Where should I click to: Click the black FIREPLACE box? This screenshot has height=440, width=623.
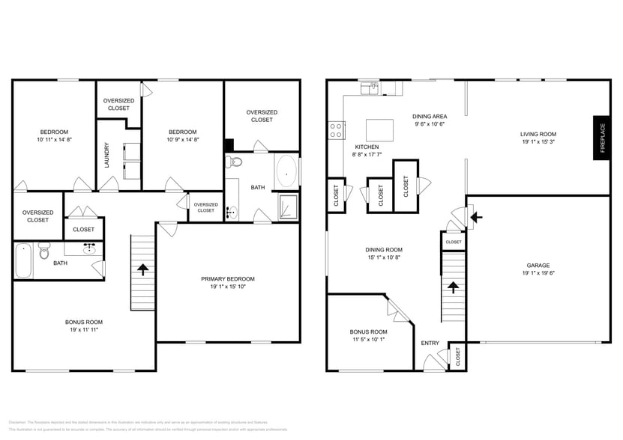point(601,138)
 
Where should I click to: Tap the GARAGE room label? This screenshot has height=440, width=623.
point(538,264)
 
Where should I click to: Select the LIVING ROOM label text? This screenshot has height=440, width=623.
point(538,134)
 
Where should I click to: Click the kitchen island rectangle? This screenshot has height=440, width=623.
point(380,128)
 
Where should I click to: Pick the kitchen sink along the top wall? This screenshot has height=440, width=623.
point(368,89)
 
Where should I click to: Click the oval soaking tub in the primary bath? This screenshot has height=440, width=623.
point(286,171)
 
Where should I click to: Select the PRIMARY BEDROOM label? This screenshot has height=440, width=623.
point(227,279)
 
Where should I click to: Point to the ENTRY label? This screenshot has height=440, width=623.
point(430,343)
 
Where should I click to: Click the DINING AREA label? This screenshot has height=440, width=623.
point(430,116)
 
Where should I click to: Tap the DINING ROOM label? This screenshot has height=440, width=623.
point(383,249)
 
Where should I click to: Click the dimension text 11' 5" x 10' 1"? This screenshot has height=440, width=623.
point(368,339)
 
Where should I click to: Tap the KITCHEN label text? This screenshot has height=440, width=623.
point(367,147)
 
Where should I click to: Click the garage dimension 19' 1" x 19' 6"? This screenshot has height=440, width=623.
point(538,272)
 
